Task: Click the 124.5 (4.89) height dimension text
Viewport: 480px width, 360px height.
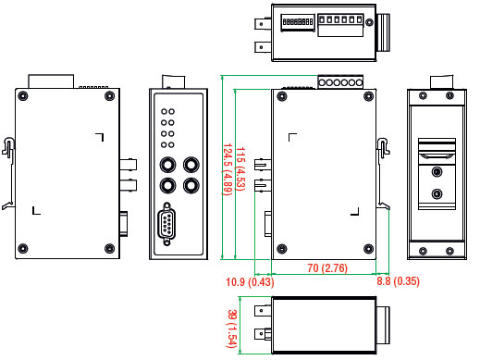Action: pos(228,169)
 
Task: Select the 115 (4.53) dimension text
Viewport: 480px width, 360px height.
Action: pos(240,169)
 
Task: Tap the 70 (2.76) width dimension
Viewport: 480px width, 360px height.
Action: pos(327,267)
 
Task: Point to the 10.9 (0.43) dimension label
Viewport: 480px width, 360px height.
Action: pos(250,281)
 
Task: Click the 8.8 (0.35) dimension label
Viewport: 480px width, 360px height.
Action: pos(398,281)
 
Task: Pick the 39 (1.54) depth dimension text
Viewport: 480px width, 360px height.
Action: pos(232,329)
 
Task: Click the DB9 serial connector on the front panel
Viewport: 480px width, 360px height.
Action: pos(166,224)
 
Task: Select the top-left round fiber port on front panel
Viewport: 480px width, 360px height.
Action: pos(167,165)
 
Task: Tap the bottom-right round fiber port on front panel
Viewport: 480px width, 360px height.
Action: pos(191,186)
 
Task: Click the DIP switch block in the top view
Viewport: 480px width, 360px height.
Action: pos(298,22)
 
